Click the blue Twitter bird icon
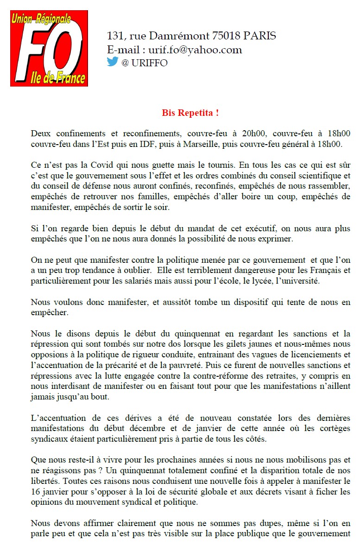click(113, 62)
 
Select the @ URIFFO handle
click(144, 63)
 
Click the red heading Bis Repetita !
click(190, 113)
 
